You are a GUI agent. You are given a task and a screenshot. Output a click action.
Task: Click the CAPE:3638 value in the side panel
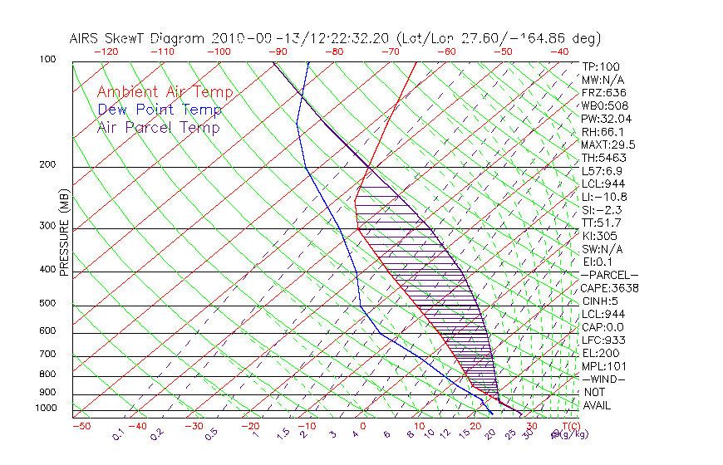pos(609,288)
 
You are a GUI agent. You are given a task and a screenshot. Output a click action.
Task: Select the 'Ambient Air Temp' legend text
pos(165,92)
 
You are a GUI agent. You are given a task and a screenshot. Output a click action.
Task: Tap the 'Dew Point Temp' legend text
pos(160,110)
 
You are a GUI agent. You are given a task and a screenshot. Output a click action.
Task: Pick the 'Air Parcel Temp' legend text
pos(158,127)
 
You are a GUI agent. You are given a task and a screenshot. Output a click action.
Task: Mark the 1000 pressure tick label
pos(47,409)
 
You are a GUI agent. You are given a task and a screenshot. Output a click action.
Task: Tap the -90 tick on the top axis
pos(278,51)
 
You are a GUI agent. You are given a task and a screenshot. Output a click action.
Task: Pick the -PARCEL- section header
pos(609,275)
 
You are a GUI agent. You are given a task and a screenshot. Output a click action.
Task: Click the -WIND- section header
pos(603,379)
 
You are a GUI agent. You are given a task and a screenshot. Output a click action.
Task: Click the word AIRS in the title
pos(86,38)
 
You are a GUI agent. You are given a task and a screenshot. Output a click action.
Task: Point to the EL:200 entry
pos(600,353)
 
